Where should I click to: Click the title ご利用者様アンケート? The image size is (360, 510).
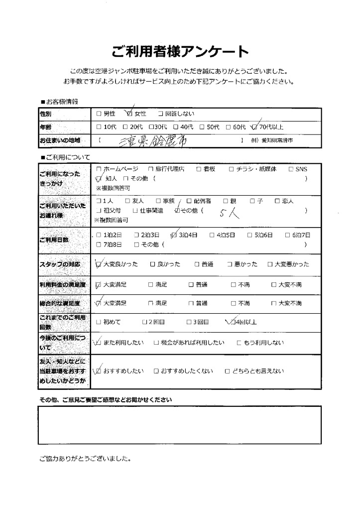pyautogui.click(x=180, y=51)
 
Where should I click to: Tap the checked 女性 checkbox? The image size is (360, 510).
pyautogui.click(x=130, y=114)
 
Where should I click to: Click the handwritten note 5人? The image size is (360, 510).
pyautogui.click(x=229, y=213)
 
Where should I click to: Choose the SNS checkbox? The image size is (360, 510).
pyautogui.click(x=291, y=169)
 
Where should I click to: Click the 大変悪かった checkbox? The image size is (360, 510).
pyautogui.click(x=270, y=264)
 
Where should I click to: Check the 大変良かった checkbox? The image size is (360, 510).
pyautogui.click(x=99, y=264)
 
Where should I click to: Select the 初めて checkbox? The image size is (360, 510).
pyautogui.click(x=99, y=322)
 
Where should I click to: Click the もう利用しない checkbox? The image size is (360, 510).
pyautogui.click(x=239, y=343)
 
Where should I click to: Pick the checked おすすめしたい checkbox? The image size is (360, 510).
pyautogui.click(x=99, y=371)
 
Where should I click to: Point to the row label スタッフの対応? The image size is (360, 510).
pyautogui.click(x=59, y=264)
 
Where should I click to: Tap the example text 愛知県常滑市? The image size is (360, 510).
pyautogui.click(x=275, y=141)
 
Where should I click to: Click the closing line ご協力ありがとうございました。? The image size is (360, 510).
pyautogui.click(x=85, y=459)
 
